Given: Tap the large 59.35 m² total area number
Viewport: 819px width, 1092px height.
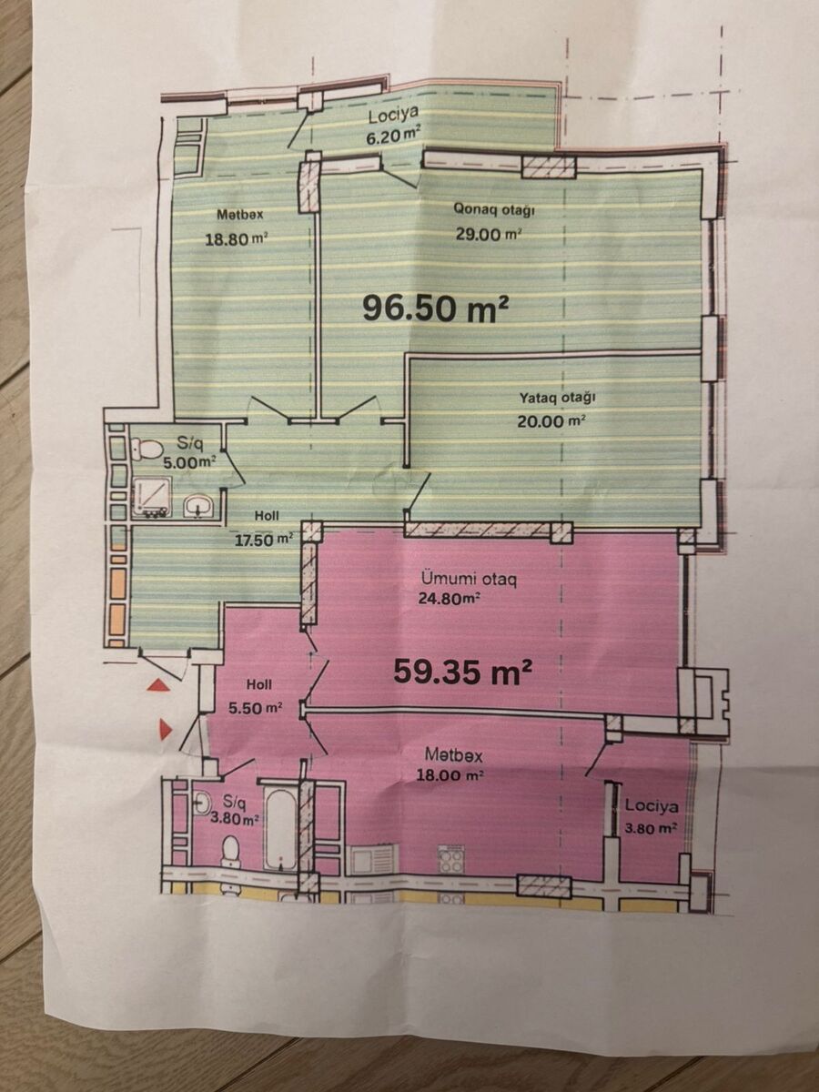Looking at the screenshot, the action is tap(463, 671).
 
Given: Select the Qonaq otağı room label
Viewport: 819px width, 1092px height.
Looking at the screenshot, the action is tap(493, 210).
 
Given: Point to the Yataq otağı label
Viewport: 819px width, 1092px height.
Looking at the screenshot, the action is tap(558, 399).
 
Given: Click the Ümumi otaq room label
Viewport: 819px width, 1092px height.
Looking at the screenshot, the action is tap(469, 580).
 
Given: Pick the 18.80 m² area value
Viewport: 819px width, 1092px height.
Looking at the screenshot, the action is tap(237, 239).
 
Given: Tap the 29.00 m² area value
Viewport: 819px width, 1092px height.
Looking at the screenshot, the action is tap(489, 234).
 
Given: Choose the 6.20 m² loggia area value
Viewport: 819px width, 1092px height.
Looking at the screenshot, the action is tap(394, 136).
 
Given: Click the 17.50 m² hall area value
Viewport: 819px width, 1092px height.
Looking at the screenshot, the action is tap(264, 539).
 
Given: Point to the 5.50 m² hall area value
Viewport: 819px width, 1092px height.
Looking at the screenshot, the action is tap(256, 707).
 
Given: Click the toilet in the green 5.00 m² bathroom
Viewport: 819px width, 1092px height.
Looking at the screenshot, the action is tap(147, 450).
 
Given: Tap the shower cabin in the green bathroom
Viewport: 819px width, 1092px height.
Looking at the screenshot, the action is tap(153, 498).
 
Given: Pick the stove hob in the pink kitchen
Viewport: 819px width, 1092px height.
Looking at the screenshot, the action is tap(450, 858).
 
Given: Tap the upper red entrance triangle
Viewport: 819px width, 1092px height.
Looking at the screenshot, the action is tap(161, 686).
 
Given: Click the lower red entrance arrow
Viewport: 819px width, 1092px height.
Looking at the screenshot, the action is tap(166, 730).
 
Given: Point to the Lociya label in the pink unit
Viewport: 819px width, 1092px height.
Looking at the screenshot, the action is tap(652, 807).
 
